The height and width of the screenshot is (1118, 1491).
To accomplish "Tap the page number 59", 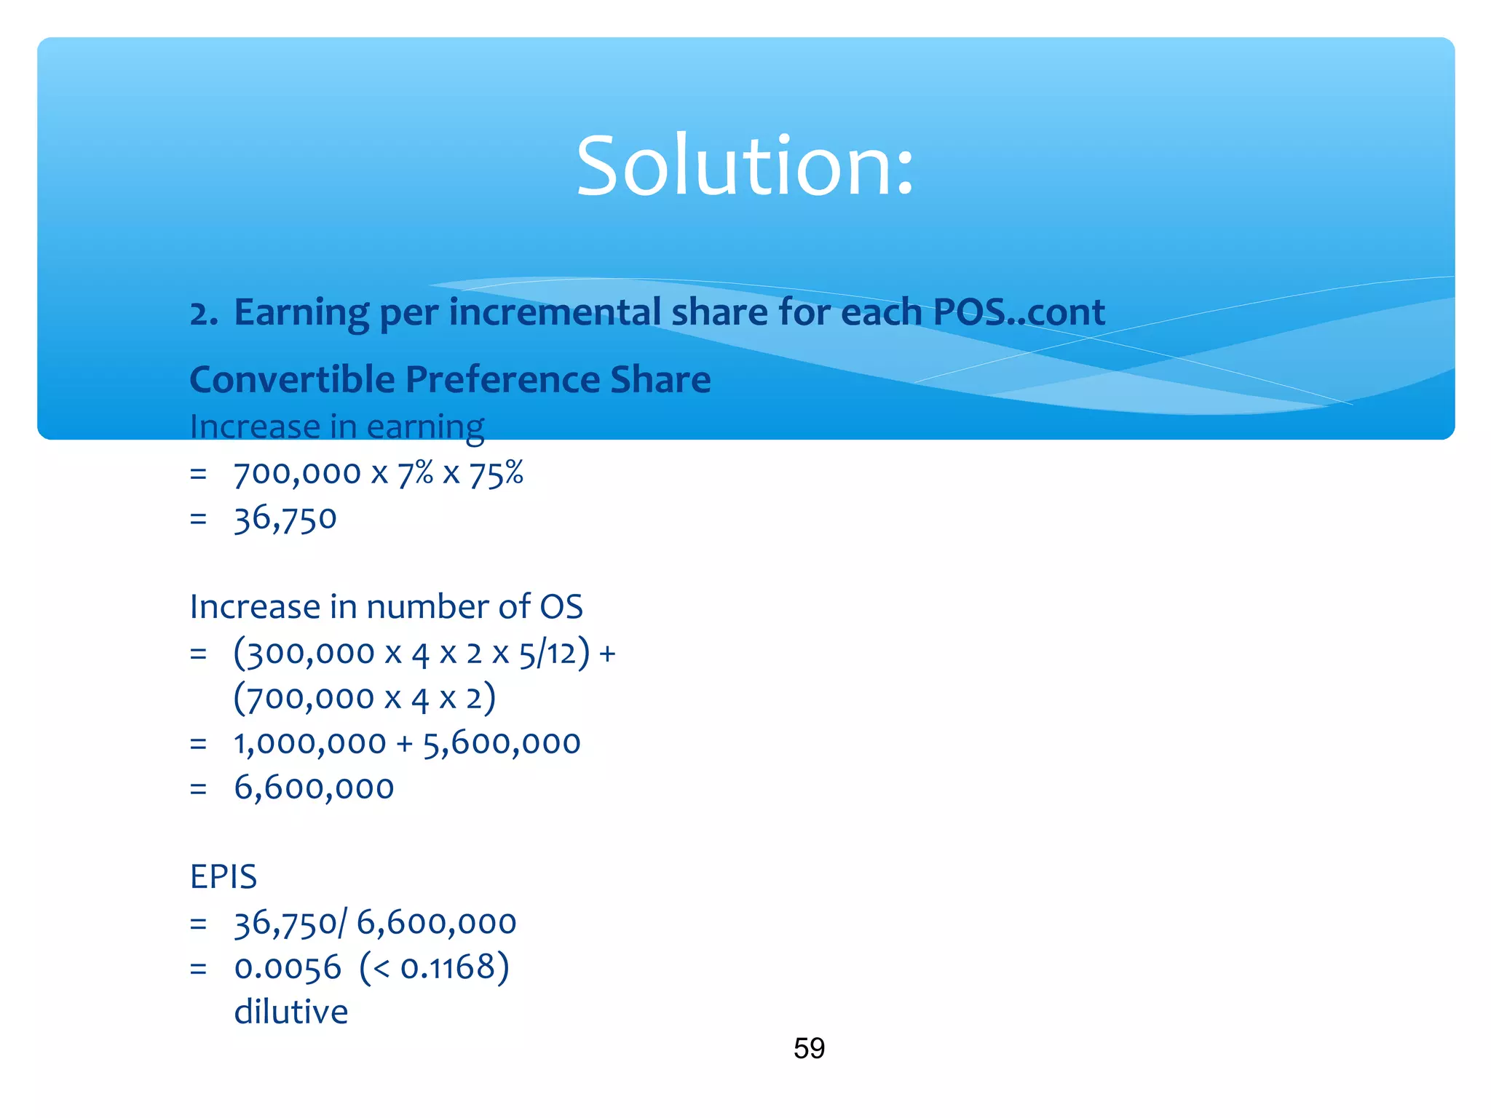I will point(809,1049).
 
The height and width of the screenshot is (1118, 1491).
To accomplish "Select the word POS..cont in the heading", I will point(1019,312).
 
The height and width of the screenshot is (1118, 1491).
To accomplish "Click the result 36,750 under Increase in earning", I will point(285,519).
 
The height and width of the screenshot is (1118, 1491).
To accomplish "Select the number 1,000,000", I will point(310,743).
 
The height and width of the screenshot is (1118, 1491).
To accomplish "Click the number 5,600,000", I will point(502,743).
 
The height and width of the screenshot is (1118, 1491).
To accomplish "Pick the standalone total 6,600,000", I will point(314,788).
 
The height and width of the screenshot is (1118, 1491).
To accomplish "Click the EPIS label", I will point(224,877).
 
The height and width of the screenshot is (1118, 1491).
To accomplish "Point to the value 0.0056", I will point(288,968).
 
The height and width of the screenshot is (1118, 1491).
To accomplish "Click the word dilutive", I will point(291,1012).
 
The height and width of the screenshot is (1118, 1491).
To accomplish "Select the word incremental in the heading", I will point(554,312).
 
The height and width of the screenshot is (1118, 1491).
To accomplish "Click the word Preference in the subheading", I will point(502,379).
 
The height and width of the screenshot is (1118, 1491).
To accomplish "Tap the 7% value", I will point(415,474).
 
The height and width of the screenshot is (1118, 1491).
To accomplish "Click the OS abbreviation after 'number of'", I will point(561,607).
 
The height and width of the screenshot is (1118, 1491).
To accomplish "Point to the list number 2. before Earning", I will point(203,314).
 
